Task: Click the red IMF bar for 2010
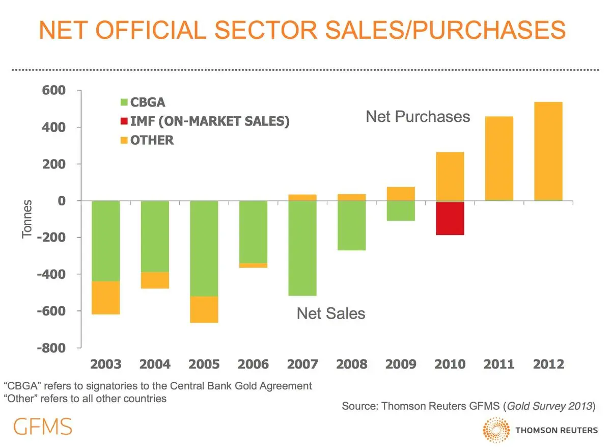click(450, 218)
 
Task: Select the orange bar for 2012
click(548, 151)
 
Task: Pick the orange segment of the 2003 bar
click(105, 298)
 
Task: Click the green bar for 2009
click(401, 211)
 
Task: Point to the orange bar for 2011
click(499, 159)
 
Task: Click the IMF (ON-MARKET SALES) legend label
click(210, 121)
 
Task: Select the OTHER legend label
click(152, 140)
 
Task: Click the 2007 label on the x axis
click(302, 364)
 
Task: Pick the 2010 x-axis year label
click(450, 364)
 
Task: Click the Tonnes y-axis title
click(27, 219)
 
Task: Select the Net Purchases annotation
click(418, 117)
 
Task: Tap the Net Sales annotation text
click(331, 313)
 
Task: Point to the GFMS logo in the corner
click(43, 426)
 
